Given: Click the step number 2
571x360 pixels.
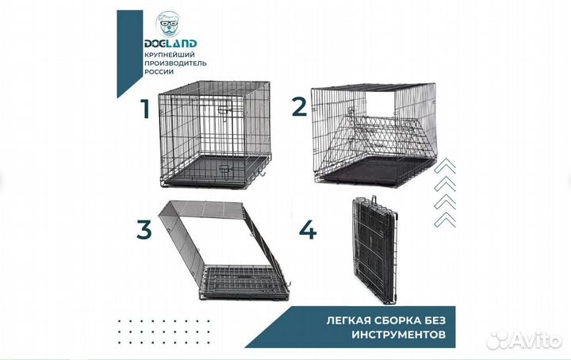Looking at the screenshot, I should click(x=298, y=105).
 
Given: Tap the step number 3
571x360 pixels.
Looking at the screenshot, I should click(x=144, y=230).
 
